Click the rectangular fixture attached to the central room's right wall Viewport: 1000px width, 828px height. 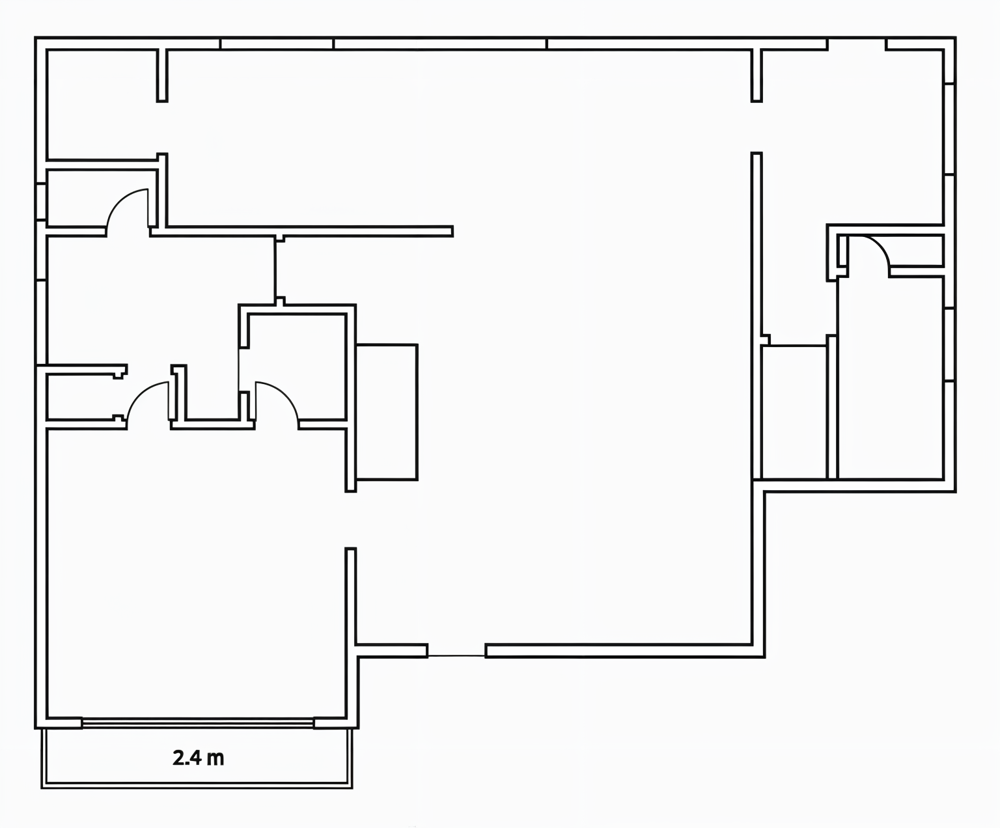tap(387, 412)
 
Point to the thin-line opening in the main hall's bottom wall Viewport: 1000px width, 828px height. tap(456, 655)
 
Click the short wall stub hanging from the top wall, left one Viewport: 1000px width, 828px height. tap(162, 76)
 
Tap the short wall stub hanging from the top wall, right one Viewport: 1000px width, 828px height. tap(757, 76)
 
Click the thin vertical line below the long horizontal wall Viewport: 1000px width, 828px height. tap(275, 271)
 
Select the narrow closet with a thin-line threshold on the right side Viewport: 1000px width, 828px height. tap(794, 412)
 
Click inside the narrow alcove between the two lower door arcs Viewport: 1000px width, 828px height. tap(212, 392)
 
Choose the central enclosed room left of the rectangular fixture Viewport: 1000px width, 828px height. tap(297, 366)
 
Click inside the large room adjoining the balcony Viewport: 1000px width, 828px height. tap(197, 575)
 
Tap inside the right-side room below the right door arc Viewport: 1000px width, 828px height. tap(891, 378)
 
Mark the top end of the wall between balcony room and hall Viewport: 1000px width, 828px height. tap(351, 548)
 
